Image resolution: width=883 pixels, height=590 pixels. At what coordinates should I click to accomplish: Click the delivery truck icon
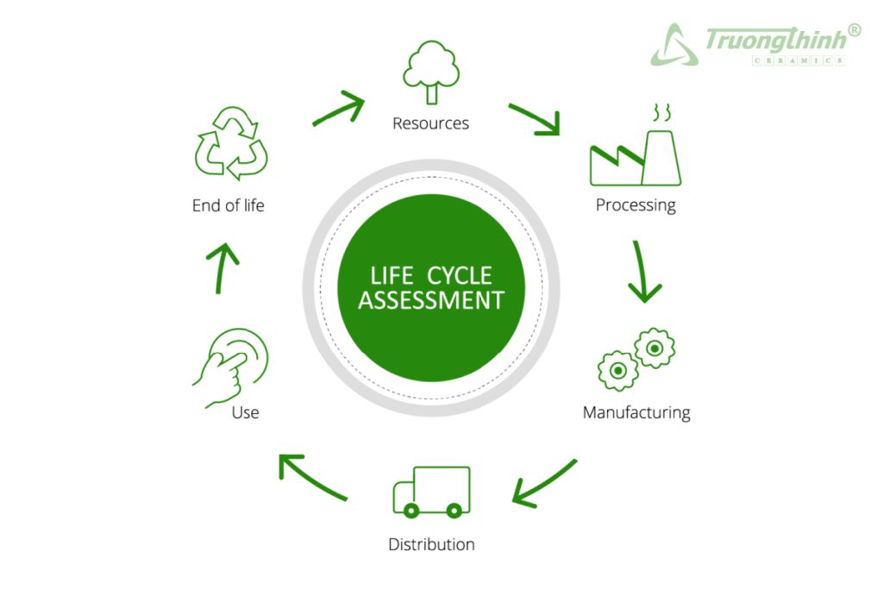(x=431, y=492)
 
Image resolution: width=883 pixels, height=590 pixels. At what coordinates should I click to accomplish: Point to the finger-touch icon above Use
(x=231, y=367)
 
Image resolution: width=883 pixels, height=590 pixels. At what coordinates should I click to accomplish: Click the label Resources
(x=430, y=123)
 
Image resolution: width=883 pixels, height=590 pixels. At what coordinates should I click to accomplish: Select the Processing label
(x=636, y=205)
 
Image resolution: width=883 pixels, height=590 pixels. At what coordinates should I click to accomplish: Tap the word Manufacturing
(x=636, y=412)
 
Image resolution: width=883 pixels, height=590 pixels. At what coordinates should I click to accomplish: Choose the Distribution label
(x=431, y=544)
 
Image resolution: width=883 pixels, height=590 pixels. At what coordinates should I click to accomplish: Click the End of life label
(x=228, y=205)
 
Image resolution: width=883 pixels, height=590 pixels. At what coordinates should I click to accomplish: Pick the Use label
(x=245, y=412)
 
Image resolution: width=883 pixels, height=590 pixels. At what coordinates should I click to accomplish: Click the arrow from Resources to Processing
(x=535, y=119)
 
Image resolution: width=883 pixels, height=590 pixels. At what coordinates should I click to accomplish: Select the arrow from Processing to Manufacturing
(x=642, y=272)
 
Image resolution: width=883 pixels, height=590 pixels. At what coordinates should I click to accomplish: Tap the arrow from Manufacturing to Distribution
(x=543, y=483)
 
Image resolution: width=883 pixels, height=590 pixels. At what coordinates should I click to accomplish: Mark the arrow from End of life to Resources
(x=339, y=109)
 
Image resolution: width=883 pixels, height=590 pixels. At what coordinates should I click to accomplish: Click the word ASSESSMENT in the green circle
(x=431, y=300)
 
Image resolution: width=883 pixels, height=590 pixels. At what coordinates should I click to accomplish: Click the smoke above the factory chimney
(x=661, y=113)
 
